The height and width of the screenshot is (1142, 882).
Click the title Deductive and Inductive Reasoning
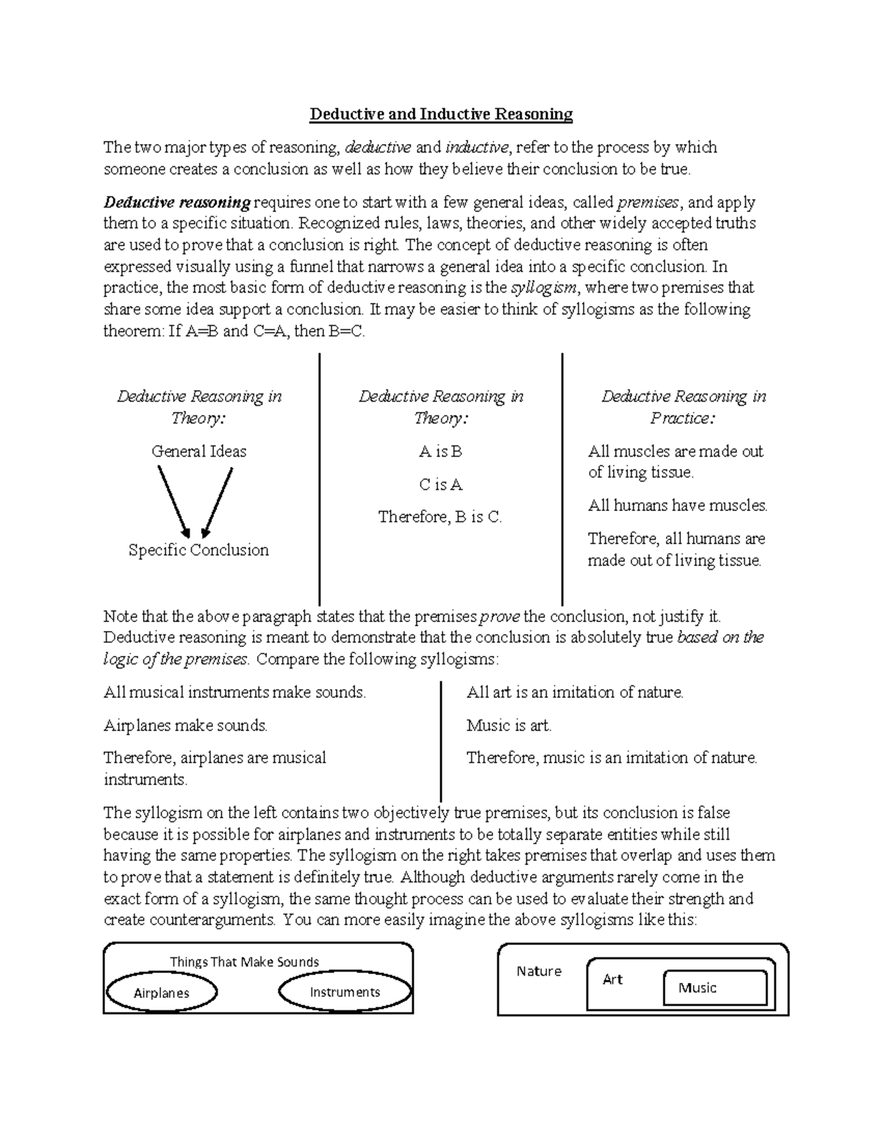(x=440, y=114)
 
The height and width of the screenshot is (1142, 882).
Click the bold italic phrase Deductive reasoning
(x=177, y=202)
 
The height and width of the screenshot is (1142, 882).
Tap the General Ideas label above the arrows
(x=198, y=452)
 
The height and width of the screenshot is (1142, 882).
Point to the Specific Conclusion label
(x=198, y=550)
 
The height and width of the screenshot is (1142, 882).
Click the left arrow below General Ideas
(x=174, y=503)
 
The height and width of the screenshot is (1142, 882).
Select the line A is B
(x=440, y=452)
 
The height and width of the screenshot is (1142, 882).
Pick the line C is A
(x=440, y=485)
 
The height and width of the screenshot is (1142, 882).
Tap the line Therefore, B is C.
(x=440, y=517)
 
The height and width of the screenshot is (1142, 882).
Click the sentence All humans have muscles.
(x=678, y=505)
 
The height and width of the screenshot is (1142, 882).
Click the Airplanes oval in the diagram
(x=162, y=993)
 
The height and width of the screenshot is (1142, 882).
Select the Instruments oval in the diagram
(x=345, y=992)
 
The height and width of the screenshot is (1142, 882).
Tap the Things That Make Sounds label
(x=244, y=962)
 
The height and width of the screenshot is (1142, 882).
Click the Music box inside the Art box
(x=714, y=988)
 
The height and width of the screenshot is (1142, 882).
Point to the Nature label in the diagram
(x=539, y=971)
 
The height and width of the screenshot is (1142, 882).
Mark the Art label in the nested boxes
(x=612, y=979)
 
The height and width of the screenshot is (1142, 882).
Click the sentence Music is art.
(x=509, y=726)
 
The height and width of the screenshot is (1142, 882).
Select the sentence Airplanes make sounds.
(x=185, y=726)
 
